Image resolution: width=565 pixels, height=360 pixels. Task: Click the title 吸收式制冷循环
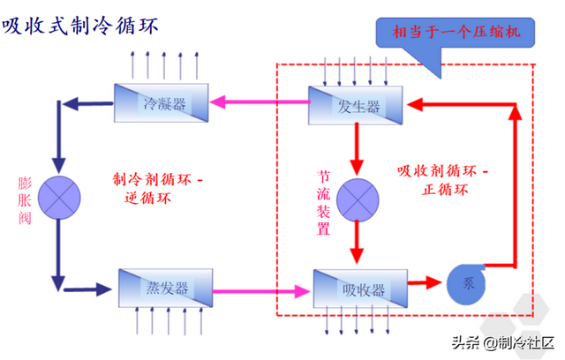click(x=79, y=26)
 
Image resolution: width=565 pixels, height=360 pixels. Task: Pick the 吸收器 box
click(x=358, y=288)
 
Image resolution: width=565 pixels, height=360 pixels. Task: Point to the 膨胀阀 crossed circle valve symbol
click(x=59, y=190)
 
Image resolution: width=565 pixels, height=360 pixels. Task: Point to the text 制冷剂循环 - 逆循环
click(x=157, y=188)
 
